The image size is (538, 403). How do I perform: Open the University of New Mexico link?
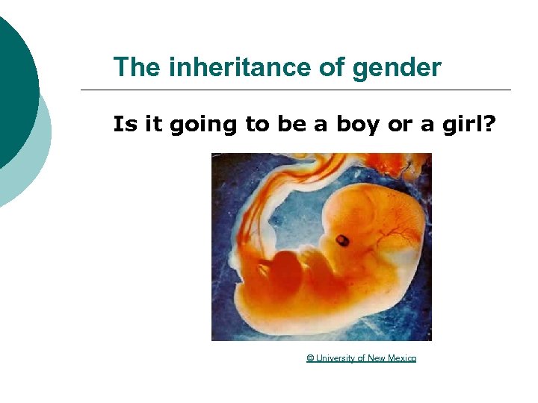coord(362,358)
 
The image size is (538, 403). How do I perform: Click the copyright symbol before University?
coord(310,358)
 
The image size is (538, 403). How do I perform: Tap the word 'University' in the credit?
coord(335,358)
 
